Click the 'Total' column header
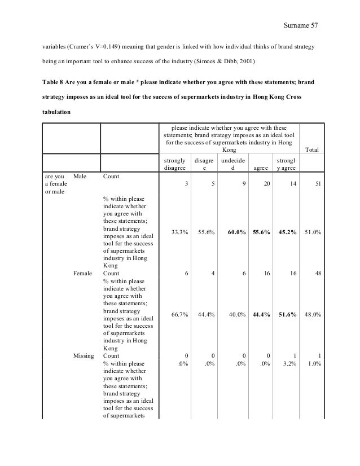pos(311,150)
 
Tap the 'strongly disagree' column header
pos(174,164)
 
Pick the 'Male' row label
pos(80,177)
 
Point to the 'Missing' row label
pos(84,356)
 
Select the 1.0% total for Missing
pos(314,364)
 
